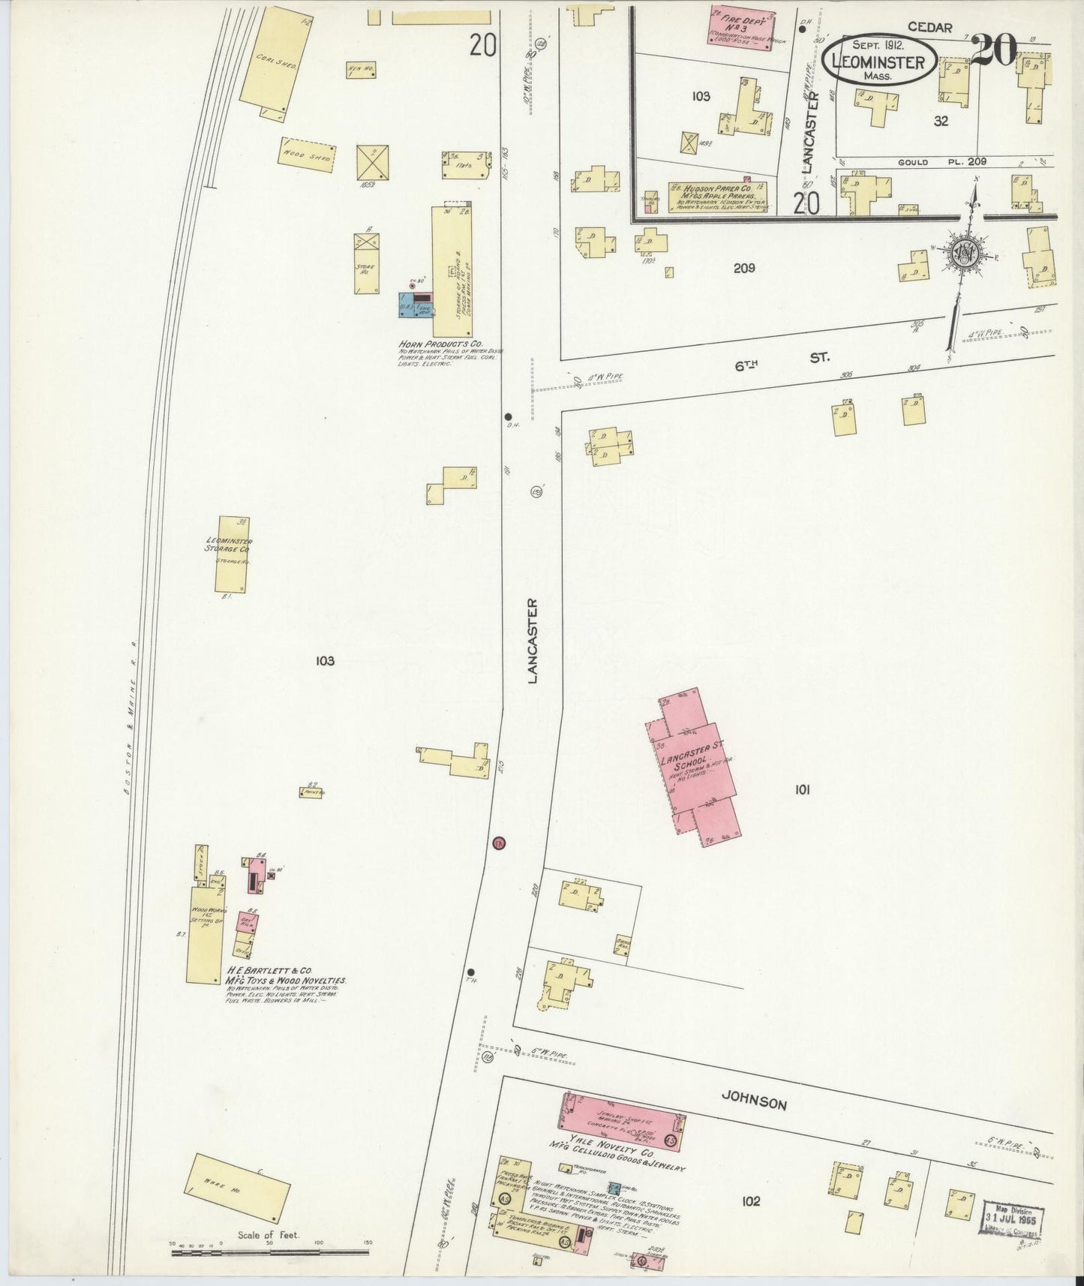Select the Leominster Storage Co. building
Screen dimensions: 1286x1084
pyautogui.click(x=232, y=553)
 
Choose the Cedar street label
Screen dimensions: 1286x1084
pyautogui.click(x=929, y=28)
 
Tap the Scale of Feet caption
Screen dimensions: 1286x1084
pyautogui.click(x=269, y=1235)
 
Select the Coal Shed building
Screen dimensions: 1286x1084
pyautogui.click(x=269, y=65)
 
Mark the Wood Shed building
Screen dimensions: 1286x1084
pyautogui.click(x=306, y=156)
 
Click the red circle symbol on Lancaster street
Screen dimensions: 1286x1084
pyautogui.click(x=498, y=843)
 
